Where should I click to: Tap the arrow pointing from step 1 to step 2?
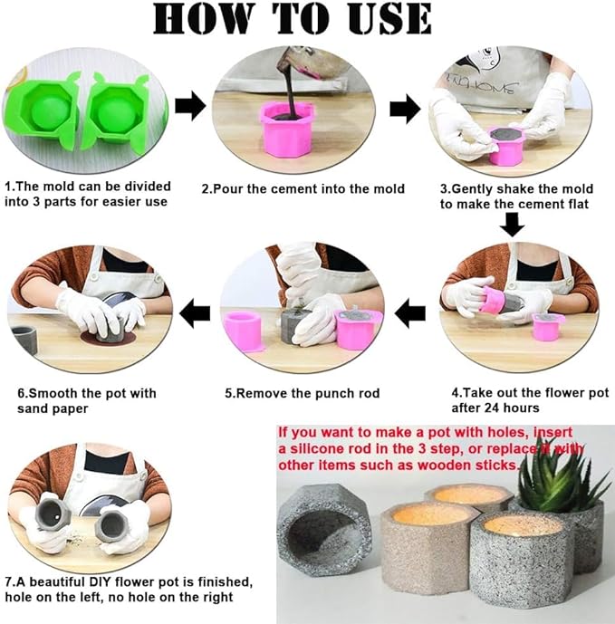190,105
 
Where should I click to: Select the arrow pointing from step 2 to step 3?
405,109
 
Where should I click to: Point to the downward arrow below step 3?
512,225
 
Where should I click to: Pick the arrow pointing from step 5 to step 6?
195,313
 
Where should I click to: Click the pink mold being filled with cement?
285,130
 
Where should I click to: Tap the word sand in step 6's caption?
31,408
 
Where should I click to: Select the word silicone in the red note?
316,449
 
